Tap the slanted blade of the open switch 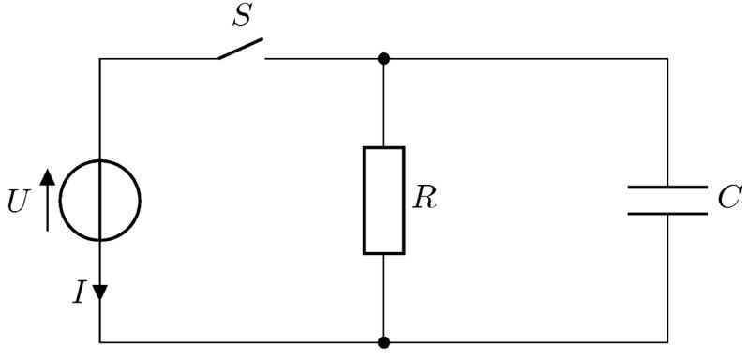coord(241,49)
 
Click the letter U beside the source coord(19,202)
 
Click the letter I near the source coord(80,292)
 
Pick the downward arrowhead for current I coord(100,292)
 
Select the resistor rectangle coord(384,201)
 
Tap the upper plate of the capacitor coord(667,187)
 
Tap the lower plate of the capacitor coord(667,214)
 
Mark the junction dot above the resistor coord(384,59)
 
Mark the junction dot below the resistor coord(384,342)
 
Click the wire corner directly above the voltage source coord(100,59)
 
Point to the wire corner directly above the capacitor coord(667,59)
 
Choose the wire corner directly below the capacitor coord(667,342)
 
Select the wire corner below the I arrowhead coord(100,342)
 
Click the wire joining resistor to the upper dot coord(384,103)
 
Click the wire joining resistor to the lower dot coord(384,298)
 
